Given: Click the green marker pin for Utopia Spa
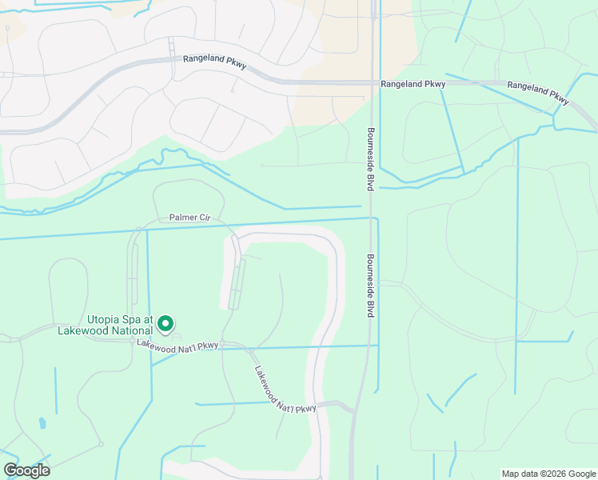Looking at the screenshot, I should pos(165,323).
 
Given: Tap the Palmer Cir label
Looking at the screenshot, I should pos(189,217).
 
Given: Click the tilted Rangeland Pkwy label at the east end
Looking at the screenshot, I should pos(538,90).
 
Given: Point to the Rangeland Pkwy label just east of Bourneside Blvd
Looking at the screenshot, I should pos(413,83).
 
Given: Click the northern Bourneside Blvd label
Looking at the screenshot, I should pos(371,159).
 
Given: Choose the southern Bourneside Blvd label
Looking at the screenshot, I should pos(371,286).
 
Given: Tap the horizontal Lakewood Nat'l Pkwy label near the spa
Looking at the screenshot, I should pos(177,344).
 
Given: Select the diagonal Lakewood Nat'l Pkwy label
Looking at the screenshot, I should pos(285,390).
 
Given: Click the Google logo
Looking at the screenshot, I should pos(27,470).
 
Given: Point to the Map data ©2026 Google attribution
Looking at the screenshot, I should pos(548,474).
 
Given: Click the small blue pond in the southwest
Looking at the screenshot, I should pos(42,423).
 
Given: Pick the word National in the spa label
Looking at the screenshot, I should pos(130,330).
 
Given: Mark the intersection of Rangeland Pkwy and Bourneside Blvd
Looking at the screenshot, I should pos(373,82).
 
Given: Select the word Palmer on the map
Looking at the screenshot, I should pos(181,217).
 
